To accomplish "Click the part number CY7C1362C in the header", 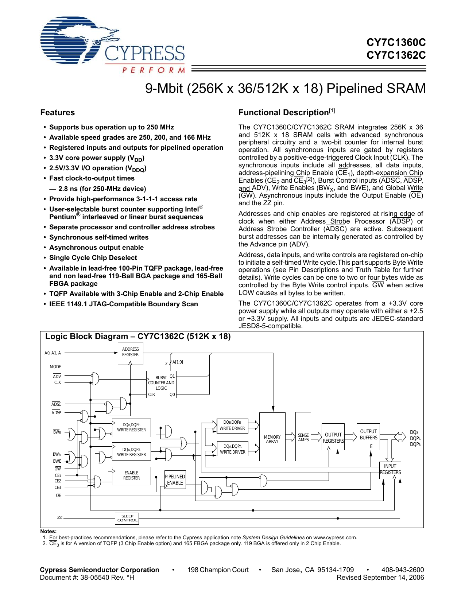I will (396, 55).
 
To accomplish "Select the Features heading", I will (58, 113).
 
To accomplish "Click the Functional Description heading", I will (283, 113).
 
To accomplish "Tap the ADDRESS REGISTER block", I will (130, 352).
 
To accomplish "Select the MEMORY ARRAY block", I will (272, 437).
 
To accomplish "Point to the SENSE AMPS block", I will (303, 437).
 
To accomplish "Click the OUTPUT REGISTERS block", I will (333, 437).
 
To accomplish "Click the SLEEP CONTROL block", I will (127, 518).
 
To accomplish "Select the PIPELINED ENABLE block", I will (175, 479).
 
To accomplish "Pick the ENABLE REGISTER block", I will (131, 475).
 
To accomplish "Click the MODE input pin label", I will (55, 367).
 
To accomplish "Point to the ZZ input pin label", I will (60, 517).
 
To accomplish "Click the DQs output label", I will (414, 432).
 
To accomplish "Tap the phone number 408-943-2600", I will (402, 570).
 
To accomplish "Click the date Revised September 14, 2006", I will (380, 578).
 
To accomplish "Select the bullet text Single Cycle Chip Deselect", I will (93, 258).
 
